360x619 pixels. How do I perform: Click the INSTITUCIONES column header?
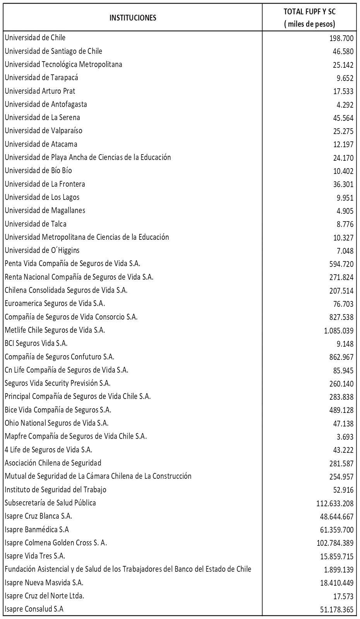[x=133, y=17]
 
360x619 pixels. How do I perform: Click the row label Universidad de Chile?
[x=35, y=38]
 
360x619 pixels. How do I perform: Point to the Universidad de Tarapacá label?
[x=41, y=77]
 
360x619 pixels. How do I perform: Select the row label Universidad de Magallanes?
[x=45, y=210]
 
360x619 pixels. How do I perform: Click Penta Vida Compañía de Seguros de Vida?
[x=72, y=263]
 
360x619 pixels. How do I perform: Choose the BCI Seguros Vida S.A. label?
[x=36, y=343]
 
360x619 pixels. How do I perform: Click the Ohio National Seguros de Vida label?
[x=57, y=423]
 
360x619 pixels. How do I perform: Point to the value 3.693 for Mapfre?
[x=345, y=437]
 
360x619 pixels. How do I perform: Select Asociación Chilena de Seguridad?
[x=53, y=463]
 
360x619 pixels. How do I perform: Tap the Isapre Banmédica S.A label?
[x=37, y=529]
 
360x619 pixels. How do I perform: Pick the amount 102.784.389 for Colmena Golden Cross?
[x=335, y=543]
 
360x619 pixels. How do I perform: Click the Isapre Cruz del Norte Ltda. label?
[x=45, y=596]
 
